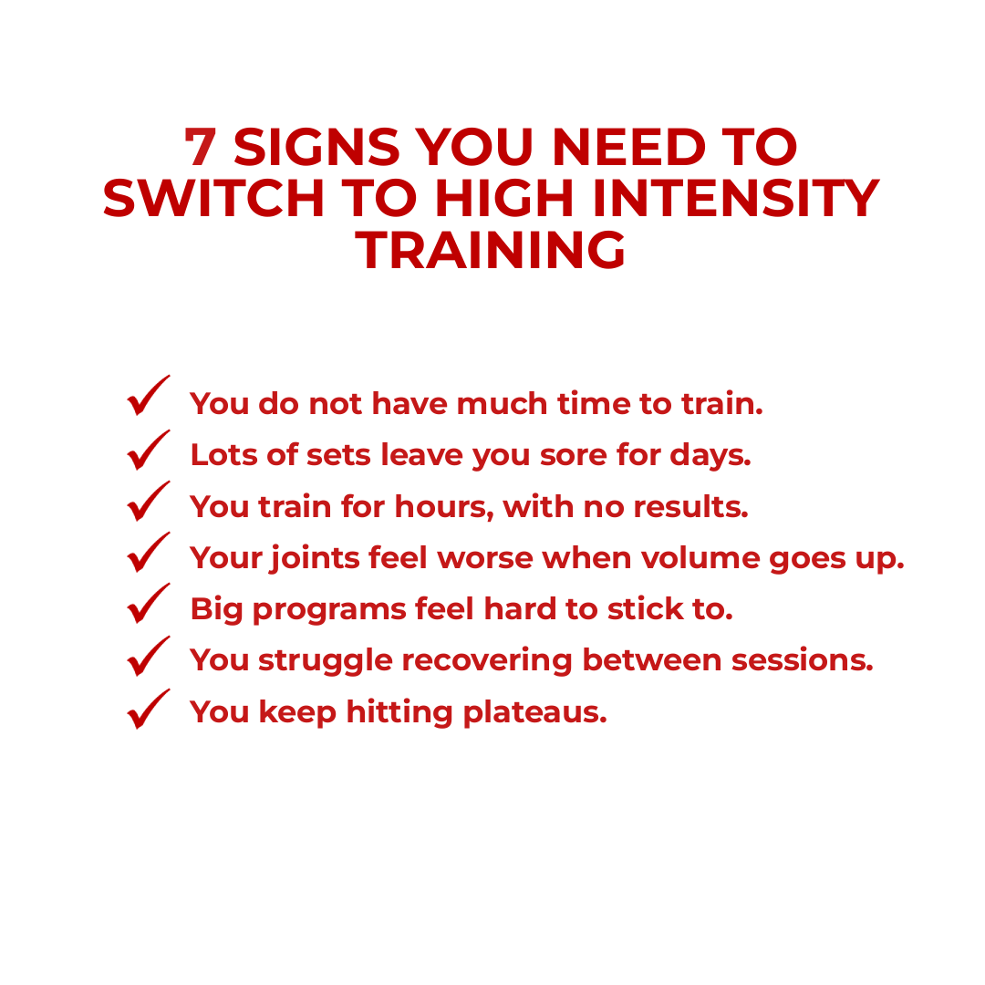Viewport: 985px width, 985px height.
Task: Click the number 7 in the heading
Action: [x=200, y=147]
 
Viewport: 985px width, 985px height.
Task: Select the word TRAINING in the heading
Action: [x=492, y=250]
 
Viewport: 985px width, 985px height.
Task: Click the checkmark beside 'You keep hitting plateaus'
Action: [x=149, y=710]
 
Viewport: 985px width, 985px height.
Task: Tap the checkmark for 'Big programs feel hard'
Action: [x=149, y=606]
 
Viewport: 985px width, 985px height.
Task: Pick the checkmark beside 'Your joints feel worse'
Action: [x=149, y=554]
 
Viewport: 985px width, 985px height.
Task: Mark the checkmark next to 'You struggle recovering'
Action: [x=149, y=658]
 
